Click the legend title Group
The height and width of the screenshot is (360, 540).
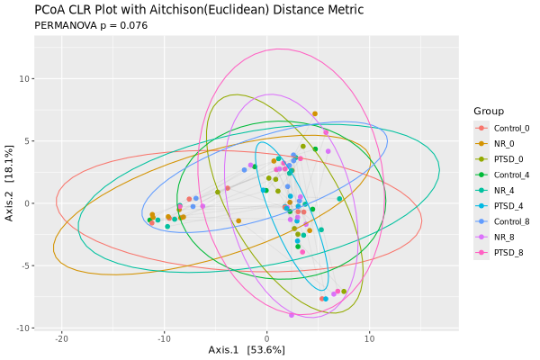tap(489, 111)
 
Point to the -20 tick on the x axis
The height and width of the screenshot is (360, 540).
tap(61, 338)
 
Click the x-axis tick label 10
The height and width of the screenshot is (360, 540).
tap(369, 338)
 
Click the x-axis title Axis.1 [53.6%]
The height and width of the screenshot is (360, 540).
tap(247, 349)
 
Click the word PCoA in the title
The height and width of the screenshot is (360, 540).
tap(52, 10)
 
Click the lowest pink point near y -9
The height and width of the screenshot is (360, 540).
tap(292, 315)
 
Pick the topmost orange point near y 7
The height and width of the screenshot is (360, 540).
tap(314, 114)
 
